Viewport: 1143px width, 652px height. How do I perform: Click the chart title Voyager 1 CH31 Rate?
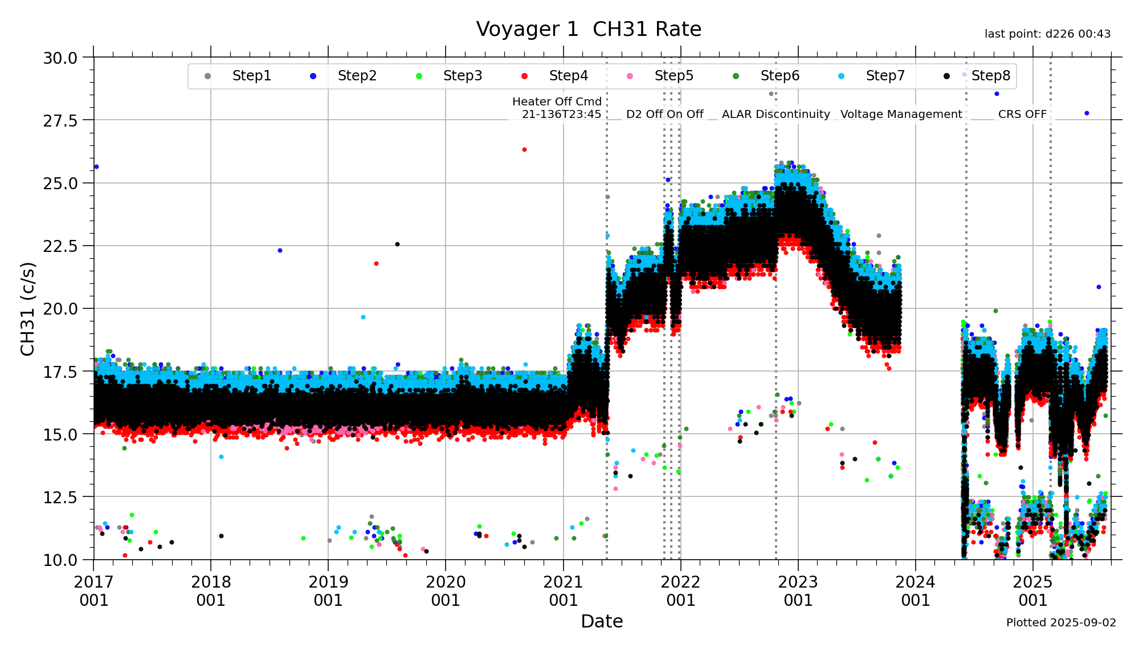point(589,29)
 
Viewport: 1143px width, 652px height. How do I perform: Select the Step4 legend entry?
point(568,76)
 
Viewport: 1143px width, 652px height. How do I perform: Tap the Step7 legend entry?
point(885,76)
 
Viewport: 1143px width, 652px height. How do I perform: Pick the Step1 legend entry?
point(251,76)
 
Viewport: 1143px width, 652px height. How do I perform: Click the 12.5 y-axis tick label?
point(60,497)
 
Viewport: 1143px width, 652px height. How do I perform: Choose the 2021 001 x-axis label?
point(563,591)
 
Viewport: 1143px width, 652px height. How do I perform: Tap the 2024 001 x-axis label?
point(915,591)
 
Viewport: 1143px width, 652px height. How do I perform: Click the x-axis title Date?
point(602,621)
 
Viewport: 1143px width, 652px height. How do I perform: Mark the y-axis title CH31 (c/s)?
point(27,308)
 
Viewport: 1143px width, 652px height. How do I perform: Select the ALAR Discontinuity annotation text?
point(775,114)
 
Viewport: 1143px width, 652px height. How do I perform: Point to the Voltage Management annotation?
point(901,114)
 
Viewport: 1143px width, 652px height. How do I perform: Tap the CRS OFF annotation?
point(1022,114)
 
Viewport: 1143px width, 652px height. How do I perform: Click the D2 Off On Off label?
point(664,114)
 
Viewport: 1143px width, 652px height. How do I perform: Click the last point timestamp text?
point(1047,34)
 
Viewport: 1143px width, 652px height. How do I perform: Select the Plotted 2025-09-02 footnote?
point(1061,622)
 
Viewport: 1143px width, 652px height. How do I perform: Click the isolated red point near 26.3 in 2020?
point(524,149)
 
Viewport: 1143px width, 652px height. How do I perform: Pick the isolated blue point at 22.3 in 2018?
point(280,250)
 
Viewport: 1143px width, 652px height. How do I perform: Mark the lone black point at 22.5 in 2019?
point(397,244)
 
